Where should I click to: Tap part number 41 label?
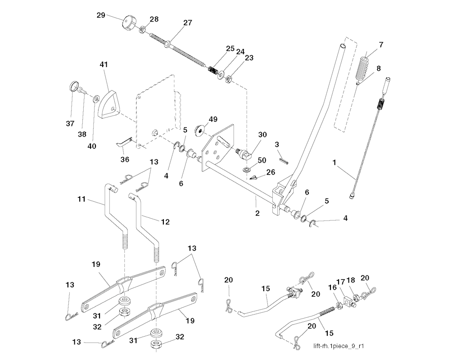click(x=104, y=64)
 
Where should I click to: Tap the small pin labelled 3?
click(x=284, y=159)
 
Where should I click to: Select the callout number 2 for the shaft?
click(x=257, y=213)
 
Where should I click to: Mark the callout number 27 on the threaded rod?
click(x=187, y=23)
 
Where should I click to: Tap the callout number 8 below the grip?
click(x=378, y=68)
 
